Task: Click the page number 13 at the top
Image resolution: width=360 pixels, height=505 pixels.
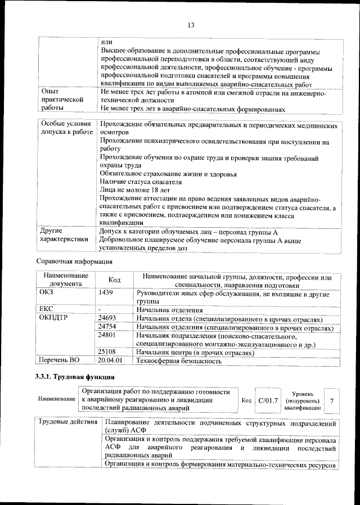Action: [x=190, y=25]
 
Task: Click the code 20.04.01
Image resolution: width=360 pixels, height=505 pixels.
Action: [x=110, y=361]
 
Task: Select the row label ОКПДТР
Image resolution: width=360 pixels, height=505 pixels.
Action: [x=53, y=318]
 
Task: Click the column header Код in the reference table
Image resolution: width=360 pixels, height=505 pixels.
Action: [x=114, y=280]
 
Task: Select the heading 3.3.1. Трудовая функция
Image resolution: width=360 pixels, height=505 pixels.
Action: [x=75, y=377]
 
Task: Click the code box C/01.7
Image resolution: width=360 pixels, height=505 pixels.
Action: [x=268, y=400]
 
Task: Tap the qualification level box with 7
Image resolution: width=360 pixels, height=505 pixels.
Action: [x=332, y=400]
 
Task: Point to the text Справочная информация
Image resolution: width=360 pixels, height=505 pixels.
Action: [x=74, y=261]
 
